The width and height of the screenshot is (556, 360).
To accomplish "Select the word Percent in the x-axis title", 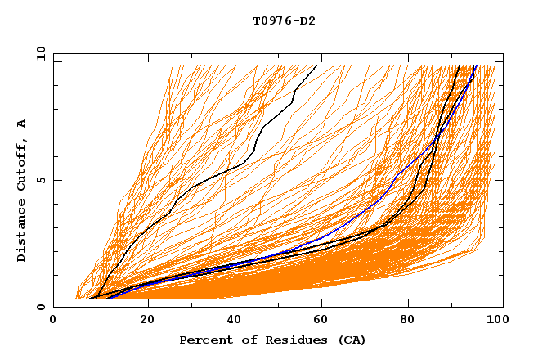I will coord(203,340).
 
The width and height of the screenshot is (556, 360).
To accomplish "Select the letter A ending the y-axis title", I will coord(21,124).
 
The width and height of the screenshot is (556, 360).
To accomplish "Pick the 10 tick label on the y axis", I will coord(39,53).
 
